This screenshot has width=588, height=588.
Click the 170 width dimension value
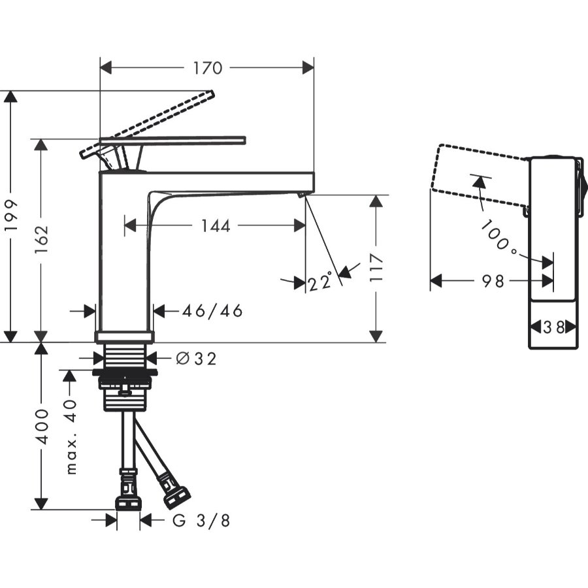[x=207, y=68]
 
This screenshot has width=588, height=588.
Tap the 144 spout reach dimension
[x=215, y=226]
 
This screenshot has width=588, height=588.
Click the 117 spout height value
[x=376, y=268]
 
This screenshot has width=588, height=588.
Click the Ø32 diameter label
[x=196, y=358]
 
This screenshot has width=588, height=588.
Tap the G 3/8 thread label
[x=201, y=521]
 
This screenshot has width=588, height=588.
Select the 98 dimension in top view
[x=493, y=282]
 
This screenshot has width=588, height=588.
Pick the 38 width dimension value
[x=553, y=327]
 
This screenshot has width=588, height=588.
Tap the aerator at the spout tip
[x=301, y=194]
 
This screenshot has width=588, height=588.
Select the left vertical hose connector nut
[x=128, y=502]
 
